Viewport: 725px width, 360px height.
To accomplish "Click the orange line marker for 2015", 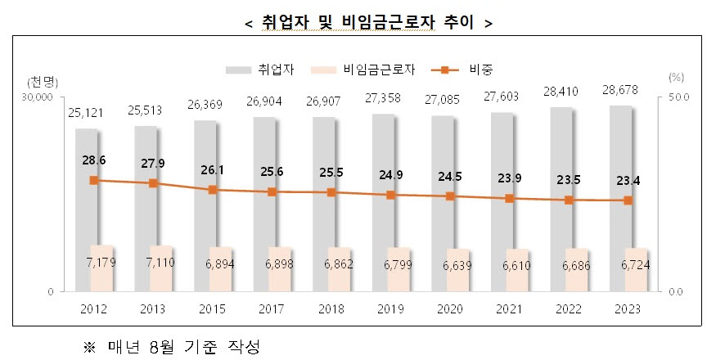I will [x=213, y=190].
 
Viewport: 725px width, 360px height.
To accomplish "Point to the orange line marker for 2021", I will [x=509, y=198].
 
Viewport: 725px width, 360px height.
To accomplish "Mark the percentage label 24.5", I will [x=450, y=177].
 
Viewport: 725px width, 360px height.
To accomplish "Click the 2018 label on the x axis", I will [x=331, y=309].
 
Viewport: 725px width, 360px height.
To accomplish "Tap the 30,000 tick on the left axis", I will [x=37, y=97].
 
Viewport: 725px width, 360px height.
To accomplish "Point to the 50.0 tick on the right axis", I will [x=680, y=97].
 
